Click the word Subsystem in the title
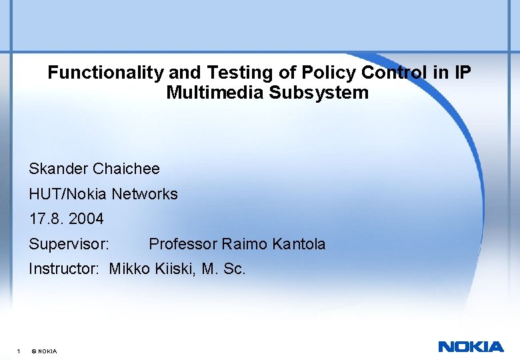pyautogui.click(x=319, y=93)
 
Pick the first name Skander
pyautogui.click(x=59, y=169)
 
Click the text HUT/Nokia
pyautogui.click(x=68, y=194)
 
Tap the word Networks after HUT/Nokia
pyautogui.click(x=145, y=194)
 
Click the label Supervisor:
pyautogui.click(x=69, y=244)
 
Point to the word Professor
pyautogui.click(x=183, y=244)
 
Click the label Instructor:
pyautogui.click(x=64, y=269)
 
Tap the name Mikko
pyautogui.click(x=129, y=269)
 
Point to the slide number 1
pyautogui.click(x=18, y=351)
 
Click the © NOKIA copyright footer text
pyautogui.click(x=44, y=351)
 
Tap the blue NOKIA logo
pyautogui.click(x=471, y=347)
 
